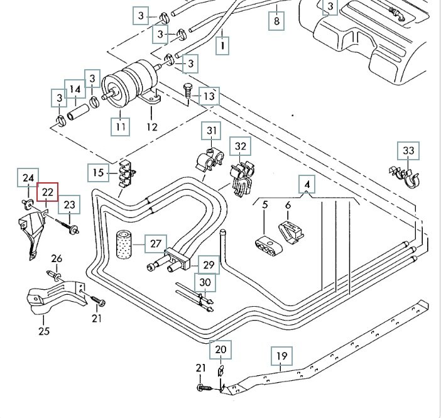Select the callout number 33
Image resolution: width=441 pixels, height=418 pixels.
coord(408,151)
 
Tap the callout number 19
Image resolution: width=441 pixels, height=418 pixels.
coord(282,356)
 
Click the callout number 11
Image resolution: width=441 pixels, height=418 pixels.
coord(121,127)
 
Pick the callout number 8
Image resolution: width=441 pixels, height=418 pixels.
coord(276,21)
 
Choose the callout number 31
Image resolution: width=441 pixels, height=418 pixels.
coord(212,132)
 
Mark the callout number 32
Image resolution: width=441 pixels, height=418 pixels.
coord(241,147)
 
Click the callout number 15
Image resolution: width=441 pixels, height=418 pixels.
coord(98,172)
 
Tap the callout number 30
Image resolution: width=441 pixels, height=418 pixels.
coord(205,283)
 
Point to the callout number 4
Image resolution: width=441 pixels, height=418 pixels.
coord(307,185)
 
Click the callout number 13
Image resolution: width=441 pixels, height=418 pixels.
coord(209,96)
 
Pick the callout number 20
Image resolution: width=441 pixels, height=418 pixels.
coord(220,349)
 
